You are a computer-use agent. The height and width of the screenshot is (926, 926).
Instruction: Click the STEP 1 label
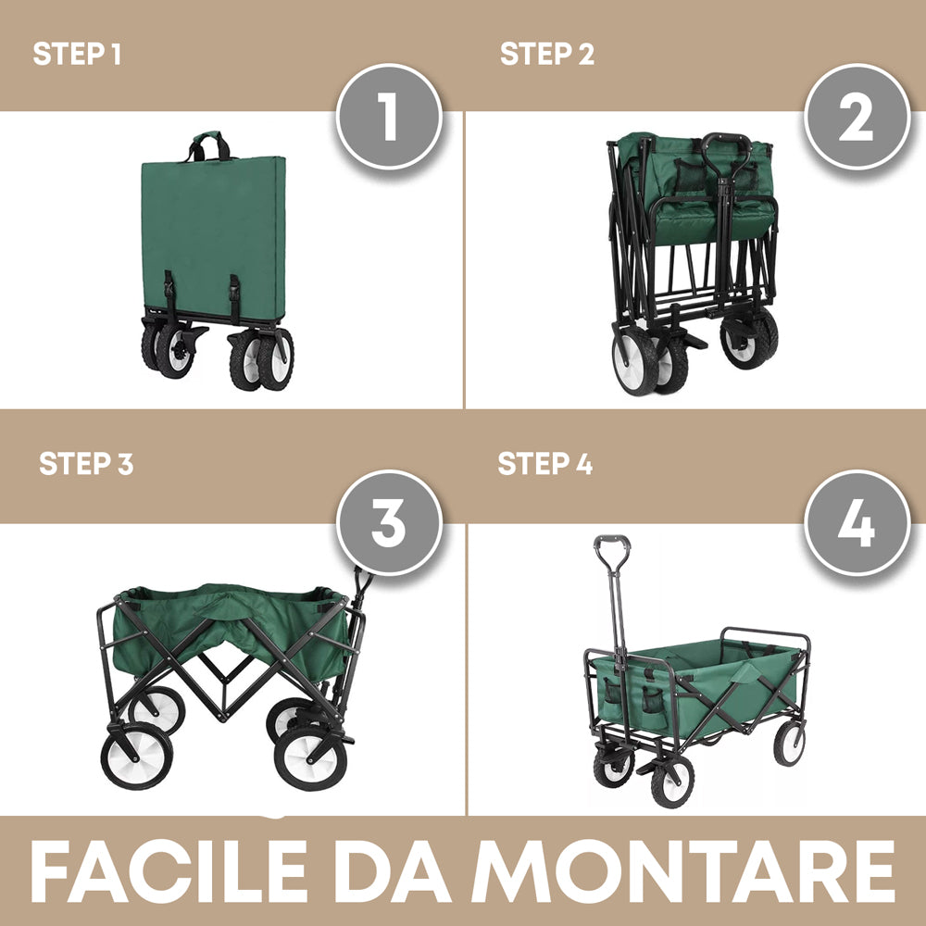[x=77, y=54]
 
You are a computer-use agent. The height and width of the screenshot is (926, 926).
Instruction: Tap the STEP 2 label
[x=546, y=54]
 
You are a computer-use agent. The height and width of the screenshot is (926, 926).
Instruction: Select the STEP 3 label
[x=85, y=463]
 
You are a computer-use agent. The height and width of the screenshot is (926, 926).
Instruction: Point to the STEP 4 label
[x=544, y=463]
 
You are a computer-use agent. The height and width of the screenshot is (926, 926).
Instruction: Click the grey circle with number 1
[x=388, y=117]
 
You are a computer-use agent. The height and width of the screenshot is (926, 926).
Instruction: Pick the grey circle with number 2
[x=856, y=117]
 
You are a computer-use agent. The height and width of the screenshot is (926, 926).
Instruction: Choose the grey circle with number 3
[x=388, y=523]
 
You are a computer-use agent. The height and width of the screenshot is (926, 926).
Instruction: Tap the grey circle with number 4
[x=856, y=523]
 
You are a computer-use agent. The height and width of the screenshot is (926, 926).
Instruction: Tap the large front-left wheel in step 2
[x=635, y=363]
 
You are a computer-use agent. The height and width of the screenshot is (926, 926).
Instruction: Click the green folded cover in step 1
[x=214, y=231]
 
